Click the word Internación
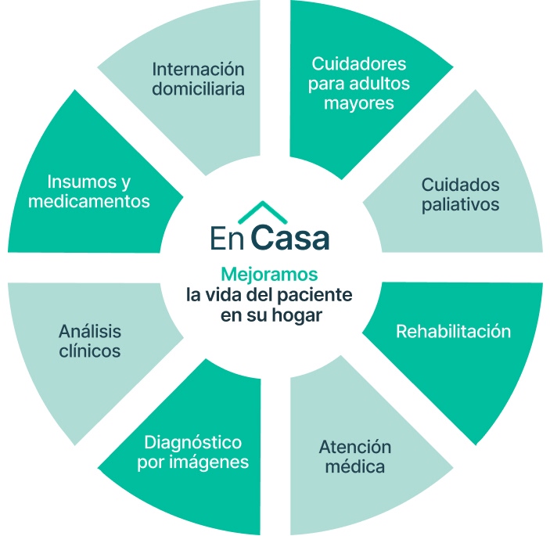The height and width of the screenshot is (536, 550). click(199, 68)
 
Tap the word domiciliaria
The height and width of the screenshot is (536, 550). click(199, 88)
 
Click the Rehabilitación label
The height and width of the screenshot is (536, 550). click(453, 331)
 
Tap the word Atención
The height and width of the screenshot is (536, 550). click(354, 448)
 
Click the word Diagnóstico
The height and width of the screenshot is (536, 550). click(192, 442)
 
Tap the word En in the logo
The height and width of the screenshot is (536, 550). click(226, 238)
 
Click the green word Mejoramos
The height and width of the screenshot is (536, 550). click(269, 275)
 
